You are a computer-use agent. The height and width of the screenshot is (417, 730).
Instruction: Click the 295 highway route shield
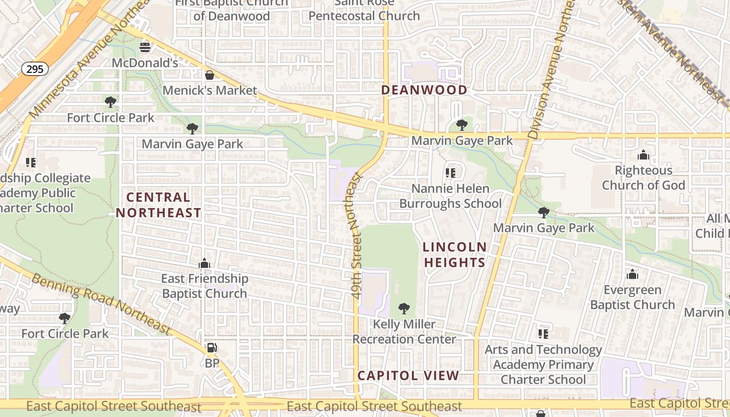point(35,68)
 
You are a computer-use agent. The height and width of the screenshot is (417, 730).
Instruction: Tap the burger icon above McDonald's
point(145,47)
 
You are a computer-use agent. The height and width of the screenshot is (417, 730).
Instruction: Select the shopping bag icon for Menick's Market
point(210,75)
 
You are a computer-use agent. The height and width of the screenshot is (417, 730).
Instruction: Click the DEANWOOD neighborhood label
point(424,90)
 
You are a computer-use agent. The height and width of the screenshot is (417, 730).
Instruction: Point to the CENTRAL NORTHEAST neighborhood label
point(158,205)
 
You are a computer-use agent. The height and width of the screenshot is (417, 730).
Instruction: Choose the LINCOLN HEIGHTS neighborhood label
point(455,255)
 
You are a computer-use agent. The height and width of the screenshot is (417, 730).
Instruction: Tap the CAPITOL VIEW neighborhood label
point(408,376)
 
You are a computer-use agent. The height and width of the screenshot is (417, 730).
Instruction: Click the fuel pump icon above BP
point(212,348)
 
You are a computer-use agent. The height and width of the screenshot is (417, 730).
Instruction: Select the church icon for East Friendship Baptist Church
point(204,264)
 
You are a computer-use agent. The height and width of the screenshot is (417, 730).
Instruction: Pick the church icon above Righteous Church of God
point(643,155)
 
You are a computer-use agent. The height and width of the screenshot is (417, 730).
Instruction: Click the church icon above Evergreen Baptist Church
point(632,275)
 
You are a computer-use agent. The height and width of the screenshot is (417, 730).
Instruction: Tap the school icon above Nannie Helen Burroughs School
point(451,173)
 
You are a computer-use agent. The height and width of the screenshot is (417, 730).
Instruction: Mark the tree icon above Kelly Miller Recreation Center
point(404,309)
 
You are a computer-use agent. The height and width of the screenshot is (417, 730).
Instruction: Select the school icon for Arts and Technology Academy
point(543,334)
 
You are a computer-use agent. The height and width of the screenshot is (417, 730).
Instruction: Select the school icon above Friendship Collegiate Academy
point(31,163)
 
